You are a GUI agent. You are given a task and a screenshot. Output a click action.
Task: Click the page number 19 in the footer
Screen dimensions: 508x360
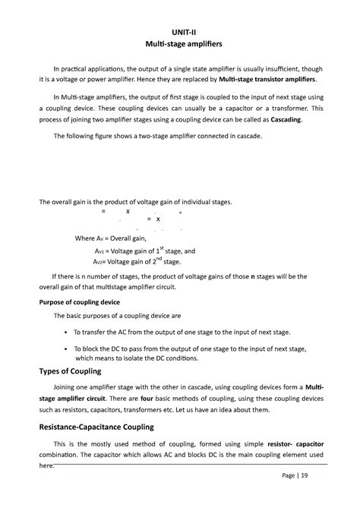pos(304,476)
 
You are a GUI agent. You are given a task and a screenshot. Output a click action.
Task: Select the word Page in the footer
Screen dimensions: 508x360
pos(289,476)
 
